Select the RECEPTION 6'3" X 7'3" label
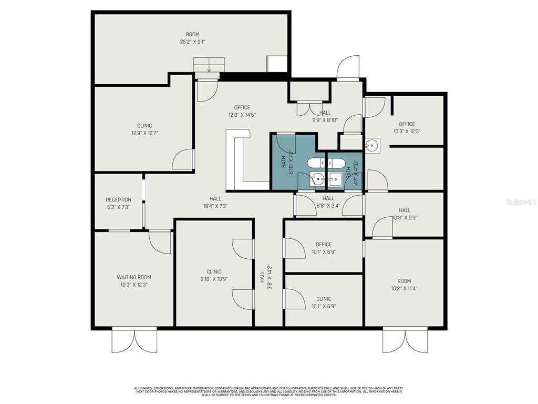tap(118, 204)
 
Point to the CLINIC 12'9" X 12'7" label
tap(144, 129)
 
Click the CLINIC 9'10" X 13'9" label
tap(214, 276)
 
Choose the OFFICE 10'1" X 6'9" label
tap(324, 248)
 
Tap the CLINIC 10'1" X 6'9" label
tap(324, 302)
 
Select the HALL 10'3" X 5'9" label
tap(405, 214)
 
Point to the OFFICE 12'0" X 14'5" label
tap(242, 111)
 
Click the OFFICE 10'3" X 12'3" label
tap(407, 128)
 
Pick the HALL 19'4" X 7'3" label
tap(215, 202)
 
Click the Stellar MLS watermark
tap(521, 202)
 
